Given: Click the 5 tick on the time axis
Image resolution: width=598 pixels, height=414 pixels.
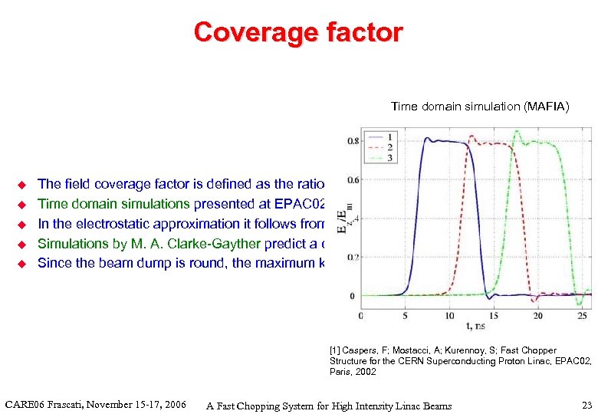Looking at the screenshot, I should [405, 315].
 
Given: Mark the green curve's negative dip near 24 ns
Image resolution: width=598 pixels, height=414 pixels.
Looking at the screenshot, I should [576, 304].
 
